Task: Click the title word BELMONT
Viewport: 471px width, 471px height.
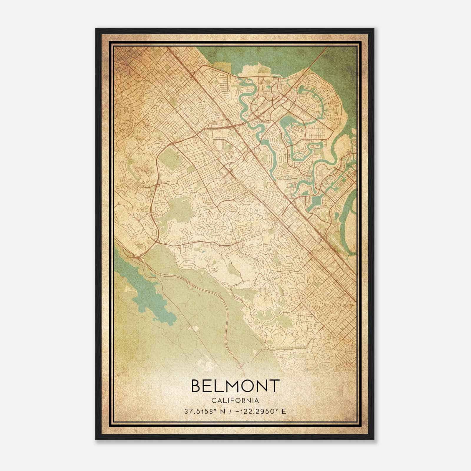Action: [x=235, y=386]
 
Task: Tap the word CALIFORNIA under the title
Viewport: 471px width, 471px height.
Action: [x=235, y=401]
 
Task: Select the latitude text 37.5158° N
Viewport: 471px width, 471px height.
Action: [x=204, y=412]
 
